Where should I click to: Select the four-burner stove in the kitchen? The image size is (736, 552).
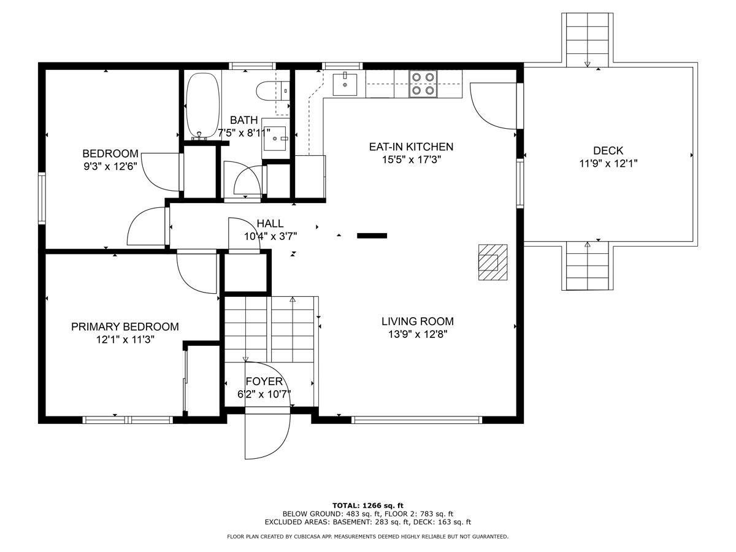point(423,83)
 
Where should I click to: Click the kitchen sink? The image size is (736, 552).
point(345,84)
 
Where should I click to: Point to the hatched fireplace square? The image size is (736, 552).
point(493,262)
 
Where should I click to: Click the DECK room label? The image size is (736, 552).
point(608,151)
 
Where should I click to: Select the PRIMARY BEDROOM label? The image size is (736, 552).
point(125,327)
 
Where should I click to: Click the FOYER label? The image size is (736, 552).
point(264,381)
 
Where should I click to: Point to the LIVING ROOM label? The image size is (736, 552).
point(417,321)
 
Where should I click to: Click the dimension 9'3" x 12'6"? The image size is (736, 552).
point(110,166)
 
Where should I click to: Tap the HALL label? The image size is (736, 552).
point(270,224)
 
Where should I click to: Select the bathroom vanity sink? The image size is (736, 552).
point(275,139)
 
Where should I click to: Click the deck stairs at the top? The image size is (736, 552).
point(588,39)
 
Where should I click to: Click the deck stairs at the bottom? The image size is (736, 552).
point(588,266)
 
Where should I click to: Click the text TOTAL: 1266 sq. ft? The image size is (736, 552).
point(368,505)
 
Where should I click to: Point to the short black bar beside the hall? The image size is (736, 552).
point(372,235)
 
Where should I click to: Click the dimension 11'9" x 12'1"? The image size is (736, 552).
point(608,164)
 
